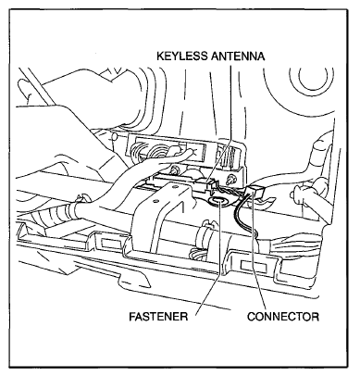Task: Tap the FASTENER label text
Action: pyautogui.click(x=158, y=317)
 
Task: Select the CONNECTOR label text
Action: pyautogui.click(x=283, y=317)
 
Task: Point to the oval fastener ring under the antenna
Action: pyautogui.click(x=218, y=202)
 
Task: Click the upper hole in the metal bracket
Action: pyautogui.click(x=175, y=187)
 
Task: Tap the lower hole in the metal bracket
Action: pyautogui.click(x=156, y=201)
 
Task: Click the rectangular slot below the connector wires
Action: pyautogui.click(x=253, y=265)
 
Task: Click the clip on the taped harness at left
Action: pyautogui.click(x=81, y=197)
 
